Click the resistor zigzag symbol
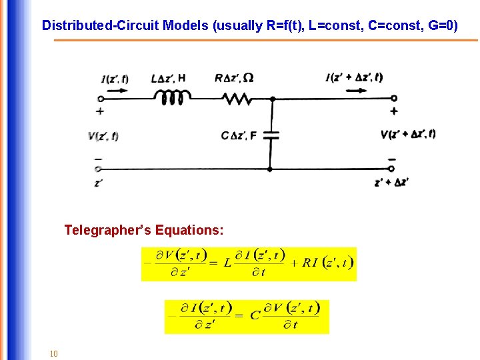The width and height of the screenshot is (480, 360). click(x=236, y=99)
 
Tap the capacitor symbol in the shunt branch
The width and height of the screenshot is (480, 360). click(x=271, y=135)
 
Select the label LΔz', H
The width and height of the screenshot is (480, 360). click(x=169, y=78)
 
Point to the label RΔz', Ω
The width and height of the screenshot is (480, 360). click(x=234, y=78)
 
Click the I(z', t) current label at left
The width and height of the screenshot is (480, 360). click(x=115, y=79)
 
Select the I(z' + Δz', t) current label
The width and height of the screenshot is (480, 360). click(x=354, y=77)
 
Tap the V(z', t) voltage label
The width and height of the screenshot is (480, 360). click(x=103, y=136)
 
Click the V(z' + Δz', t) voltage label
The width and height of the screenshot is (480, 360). click(x=408, y=134)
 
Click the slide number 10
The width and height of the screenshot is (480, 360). click(x=54, y=353)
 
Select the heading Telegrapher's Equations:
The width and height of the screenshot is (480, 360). click(x=144, y=230)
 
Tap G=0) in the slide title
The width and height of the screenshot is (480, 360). click(x=442, y=26)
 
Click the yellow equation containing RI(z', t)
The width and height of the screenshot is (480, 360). click(x=249, y=263)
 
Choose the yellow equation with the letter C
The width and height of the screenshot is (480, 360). click(x=247, y=316)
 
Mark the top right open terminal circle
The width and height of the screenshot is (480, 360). click(x=394, y=99)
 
